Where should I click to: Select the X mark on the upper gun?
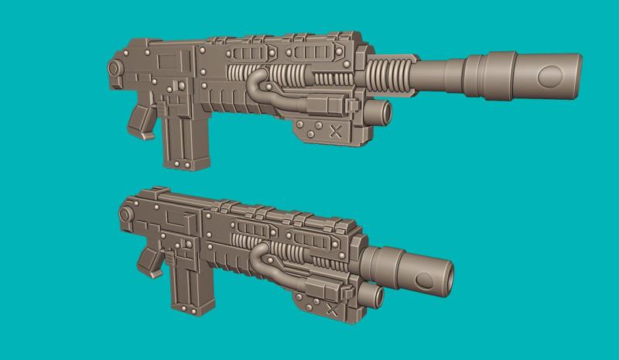[336, 130]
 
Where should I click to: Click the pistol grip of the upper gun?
[143, 119]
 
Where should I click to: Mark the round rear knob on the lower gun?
[124, 211]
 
